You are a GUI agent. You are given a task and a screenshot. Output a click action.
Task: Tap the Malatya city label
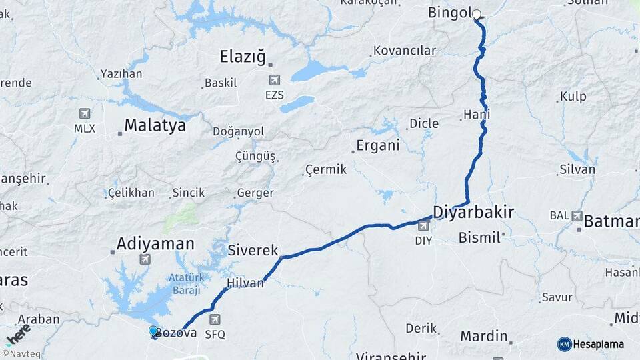tap(155, 125)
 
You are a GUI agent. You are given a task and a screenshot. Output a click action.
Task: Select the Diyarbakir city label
tap(473, 213)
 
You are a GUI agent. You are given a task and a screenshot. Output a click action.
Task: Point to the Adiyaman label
tap(155, 244)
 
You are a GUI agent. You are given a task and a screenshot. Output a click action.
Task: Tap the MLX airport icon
tap(85, 113)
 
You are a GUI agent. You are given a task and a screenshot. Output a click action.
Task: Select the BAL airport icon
tap(577, 216)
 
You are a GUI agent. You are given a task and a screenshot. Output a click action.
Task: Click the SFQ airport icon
tap(215, 319)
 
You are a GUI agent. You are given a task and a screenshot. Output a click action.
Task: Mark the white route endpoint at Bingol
tap(477, 13)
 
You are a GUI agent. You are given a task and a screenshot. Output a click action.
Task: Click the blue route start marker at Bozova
tap(153, 331)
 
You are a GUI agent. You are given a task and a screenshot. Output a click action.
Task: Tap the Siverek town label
tap(253, 251)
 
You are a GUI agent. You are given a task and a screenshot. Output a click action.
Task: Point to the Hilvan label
tap(245, 283)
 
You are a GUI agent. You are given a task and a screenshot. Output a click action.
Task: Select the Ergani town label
tap(377, 145)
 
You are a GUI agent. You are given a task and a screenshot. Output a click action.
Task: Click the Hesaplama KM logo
tap(591, 344)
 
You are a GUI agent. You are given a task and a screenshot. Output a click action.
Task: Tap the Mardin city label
tap(485, 337)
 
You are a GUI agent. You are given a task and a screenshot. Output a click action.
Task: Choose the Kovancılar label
tap(404, 51)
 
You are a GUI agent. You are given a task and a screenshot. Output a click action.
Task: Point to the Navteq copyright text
tap(20, 353)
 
